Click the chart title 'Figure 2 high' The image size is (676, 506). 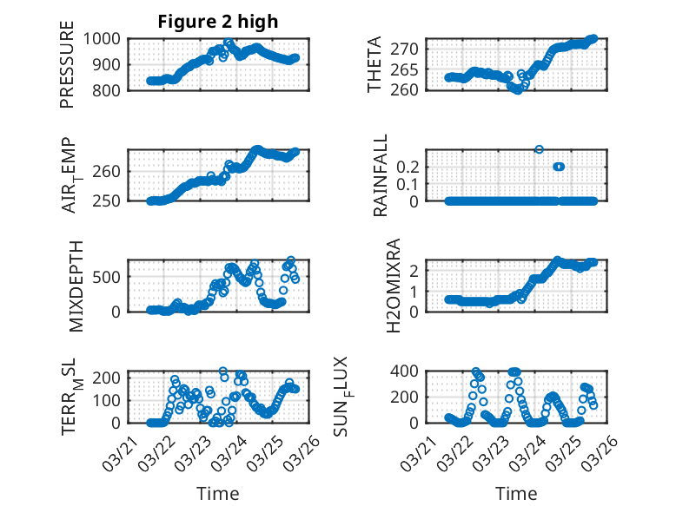[x=217, y=22]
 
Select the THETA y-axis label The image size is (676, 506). [x=375, y=63]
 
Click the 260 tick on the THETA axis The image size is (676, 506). [x=410, y=89]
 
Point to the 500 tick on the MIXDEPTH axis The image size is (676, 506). [x=109, y=277]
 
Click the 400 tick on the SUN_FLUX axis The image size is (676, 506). [x=410, y=371]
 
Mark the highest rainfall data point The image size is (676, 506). [x=539, y=149]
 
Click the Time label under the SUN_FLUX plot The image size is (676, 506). [x=516, y=494]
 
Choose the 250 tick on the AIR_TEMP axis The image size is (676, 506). [x=109, y=200]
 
